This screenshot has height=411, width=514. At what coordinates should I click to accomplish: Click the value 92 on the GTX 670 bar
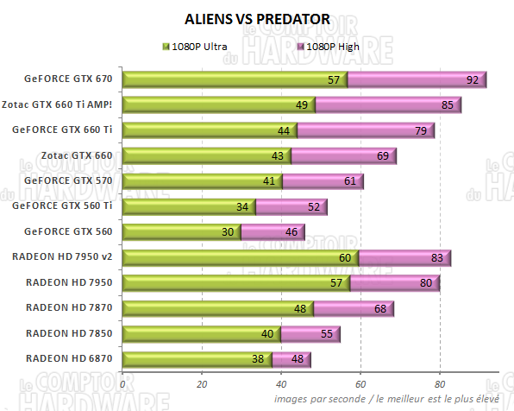tap(472, 80)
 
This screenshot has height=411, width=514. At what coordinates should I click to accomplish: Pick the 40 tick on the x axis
tap(281, 384)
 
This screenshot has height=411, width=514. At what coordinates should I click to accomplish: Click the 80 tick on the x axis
tap(440, 384)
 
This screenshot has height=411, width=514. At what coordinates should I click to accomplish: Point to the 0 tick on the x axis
tap(122, 384)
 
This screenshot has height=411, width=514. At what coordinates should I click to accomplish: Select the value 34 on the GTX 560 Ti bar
tap(242, 207)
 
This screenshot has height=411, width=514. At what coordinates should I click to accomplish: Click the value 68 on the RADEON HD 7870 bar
tap(379, 308)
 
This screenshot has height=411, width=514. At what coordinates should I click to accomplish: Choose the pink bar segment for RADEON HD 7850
tap(310, 333)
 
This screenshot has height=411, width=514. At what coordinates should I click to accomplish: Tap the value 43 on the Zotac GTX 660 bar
tap(278, 156)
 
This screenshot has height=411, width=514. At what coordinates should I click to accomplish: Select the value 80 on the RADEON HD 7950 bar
tap(426, 283)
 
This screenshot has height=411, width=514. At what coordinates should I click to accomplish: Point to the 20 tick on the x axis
tap(202, 384)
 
